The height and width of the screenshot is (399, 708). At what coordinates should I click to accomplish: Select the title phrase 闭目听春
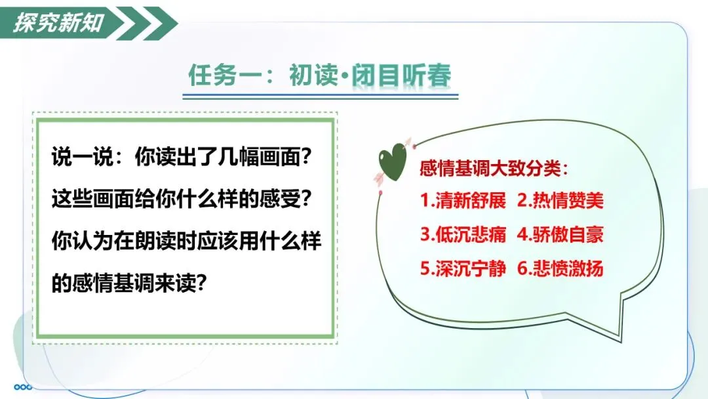[401, 75]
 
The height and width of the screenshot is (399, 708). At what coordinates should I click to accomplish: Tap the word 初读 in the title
[313, 75]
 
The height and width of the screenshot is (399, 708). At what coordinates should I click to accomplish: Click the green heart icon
[392, 161]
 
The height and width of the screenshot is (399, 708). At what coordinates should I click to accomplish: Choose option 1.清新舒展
[463, 200]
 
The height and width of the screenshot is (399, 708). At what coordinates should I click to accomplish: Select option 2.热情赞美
[560, 200]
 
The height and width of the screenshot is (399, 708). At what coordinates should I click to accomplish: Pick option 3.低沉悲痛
[463, 234]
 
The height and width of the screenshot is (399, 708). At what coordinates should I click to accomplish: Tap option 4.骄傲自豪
[560, 234]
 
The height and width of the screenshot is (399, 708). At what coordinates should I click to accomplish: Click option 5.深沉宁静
[463, 268]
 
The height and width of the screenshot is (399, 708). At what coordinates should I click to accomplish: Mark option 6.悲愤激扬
[560, 268]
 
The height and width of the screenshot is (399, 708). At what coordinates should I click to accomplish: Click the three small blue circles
[23, 387]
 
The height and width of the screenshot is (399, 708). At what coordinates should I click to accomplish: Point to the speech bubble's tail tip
[621, 342]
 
